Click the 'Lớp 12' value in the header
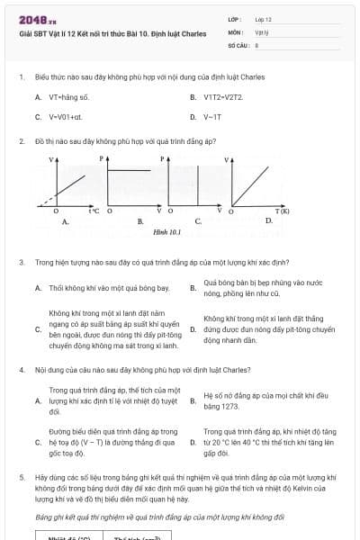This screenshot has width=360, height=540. (263, 18)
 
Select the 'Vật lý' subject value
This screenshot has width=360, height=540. (261, 31)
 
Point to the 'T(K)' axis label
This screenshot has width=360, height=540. (282, 211)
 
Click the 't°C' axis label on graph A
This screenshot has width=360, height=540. (94, 211)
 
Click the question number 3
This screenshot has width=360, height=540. (21, 262)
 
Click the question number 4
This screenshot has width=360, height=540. (21, 369)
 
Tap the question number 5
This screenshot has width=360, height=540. (21, 476)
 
